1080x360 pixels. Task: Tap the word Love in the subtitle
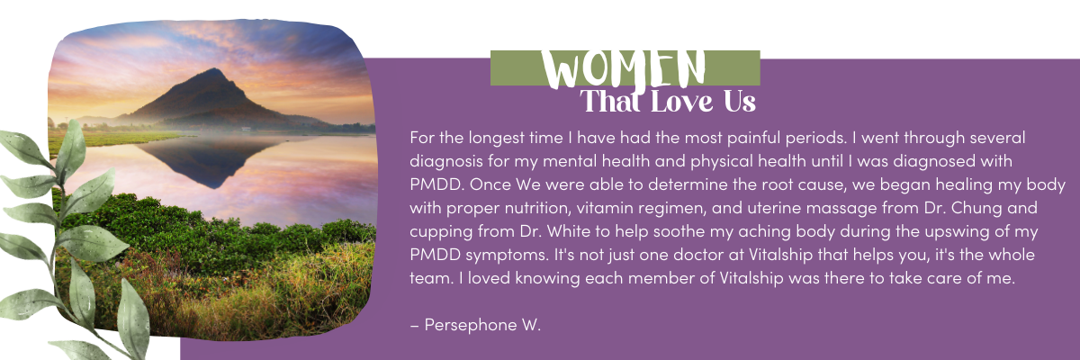tap(681, 102)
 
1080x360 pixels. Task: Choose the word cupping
tap(441, 232)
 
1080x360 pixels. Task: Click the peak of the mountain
tap(212, 69)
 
